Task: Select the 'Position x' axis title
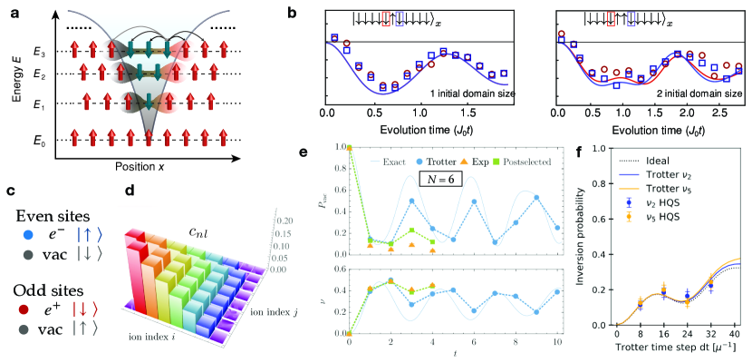(x=151, y=167)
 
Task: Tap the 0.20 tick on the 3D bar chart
(x=284, y=220)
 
